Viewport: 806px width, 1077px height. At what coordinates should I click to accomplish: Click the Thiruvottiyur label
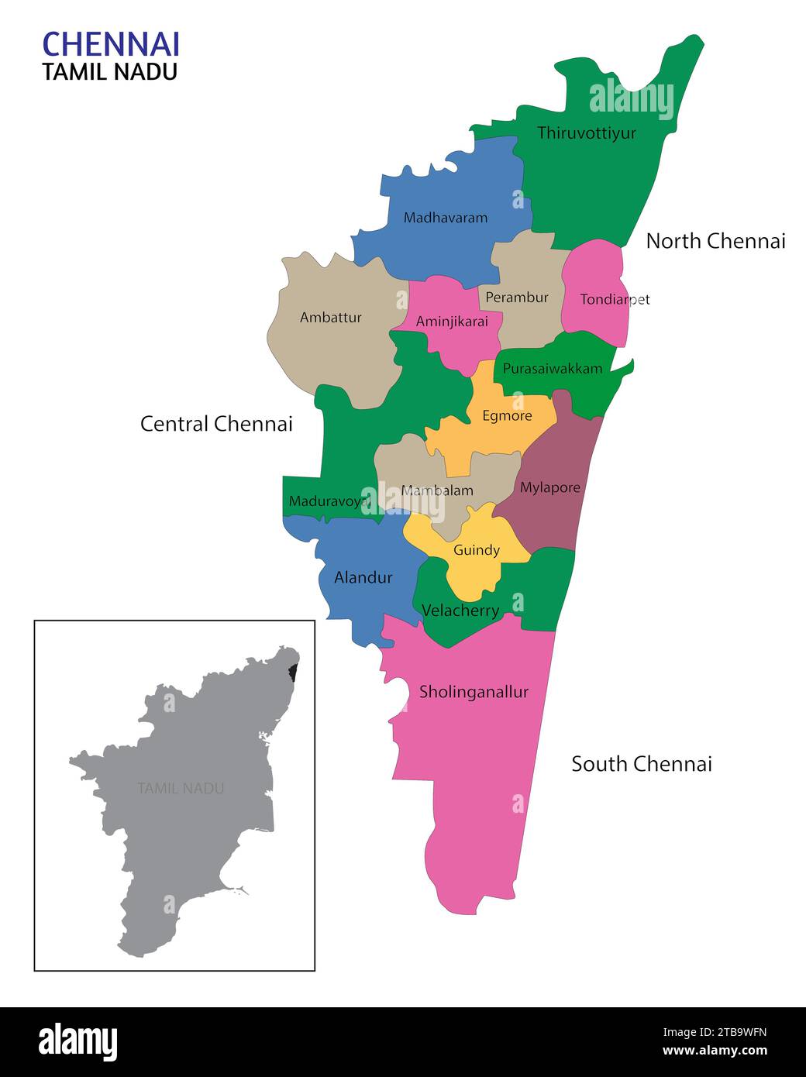click(587, 132)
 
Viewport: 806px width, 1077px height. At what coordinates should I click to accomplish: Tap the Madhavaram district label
click(446, 218)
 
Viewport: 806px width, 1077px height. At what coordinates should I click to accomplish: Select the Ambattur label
click(331, 317)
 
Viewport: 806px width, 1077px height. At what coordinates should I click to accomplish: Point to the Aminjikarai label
click(452, 322)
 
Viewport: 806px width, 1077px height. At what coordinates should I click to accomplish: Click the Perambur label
click(517, 298)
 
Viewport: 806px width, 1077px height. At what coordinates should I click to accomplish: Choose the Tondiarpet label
click(615, 299)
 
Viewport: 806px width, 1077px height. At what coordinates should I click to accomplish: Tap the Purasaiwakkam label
click(553, 369)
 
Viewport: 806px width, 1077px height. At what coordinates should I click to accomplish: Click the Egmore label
click(507, 416)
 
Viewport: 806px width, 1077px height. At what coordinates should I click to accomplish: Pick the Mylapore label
click(549, 487)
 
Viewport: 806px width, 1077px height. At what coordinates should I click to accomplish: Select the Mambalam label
click(437, 490)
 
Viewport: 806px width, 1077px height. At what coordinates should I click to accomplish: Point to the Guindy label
click(477, 550)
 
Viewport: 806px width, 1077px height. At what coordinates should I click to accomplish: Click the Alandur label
click(363, 577)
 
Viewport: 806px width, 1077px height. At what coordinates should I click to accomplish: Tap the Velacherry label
click(460, 611)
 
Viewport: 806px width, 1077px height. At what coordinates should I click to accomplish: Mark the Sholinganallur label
click(474, 692)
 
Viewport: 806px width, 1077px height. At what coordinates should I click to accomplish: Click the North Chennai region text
click(715, 241)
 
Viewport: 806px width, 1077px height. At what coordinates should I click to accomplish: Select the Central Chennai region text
click(216, 424)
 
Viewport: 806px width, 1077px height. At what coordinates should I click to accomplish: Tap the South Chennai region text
click(642, 764)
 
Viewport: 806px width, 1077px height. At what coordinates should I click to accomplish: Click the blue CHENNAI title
click(111, 44)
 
